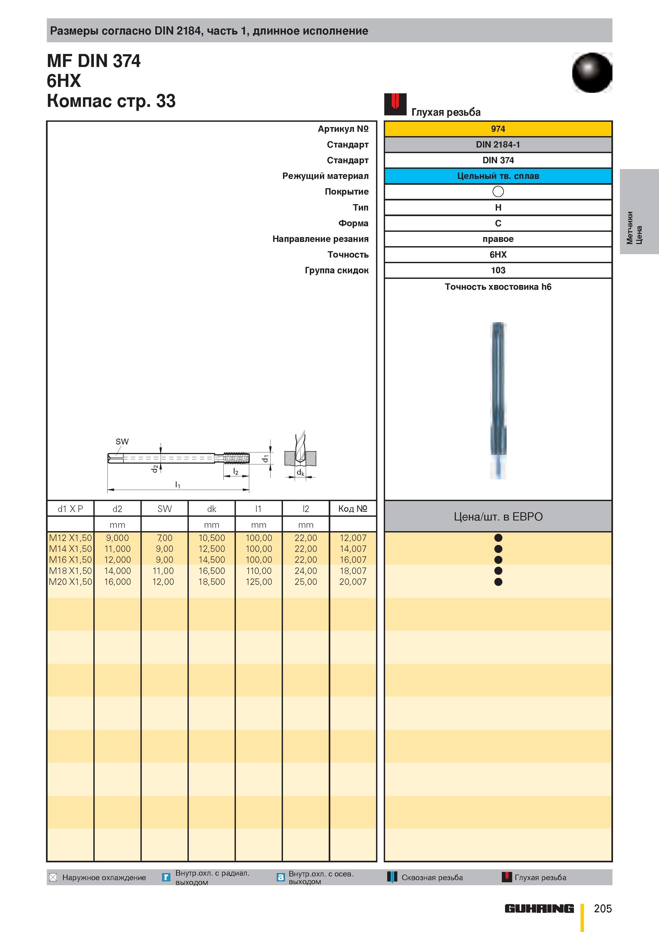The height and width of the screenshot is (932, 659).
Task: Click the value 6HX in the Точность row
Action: (498, 254)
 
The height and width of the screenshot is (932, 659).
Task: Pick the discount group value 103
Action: (498, 270)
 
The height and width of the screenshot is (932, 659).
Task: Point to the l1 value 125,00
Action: (259, 582)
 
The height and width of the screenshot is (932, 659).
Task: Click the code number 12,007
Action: (353, 538)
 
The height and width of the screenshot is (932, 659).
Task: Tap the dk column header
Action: (211, 509)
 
